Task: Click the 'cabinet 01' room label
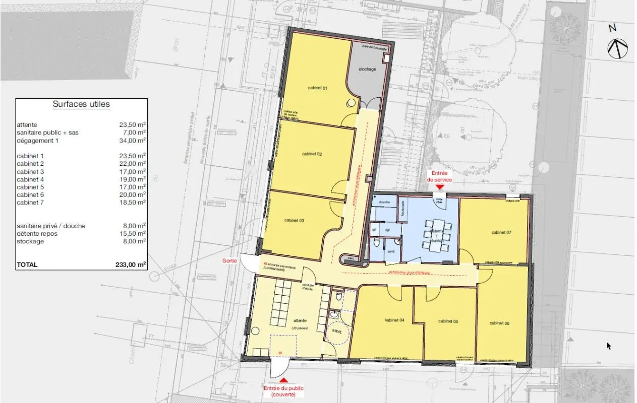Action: pyautogui.click(x=318, y=88)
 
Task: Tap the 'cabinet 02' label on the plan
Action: pyautogui.click(x=312, y=154)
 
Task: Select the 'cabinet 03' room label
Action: pyautogui.click(x=294, y=220)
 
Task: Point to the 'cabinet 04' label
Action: pyautogui.click(x=394, y=320)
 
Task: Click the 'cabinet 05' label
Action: pyautogui.click(x=448, y=321)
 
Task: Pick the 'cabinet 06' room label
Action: pyautogui.click(x=499, y=323)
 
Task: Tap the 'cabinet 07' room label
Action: pyautogui.click(x=501, y=232)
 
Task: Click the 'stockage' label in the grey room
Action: pyautogui.click(x=367, y=69)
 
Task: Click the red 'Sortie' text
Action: pyautogui.click(x=230, y=260)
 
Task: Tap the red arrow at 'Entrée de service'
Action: pyautogui.click(x=439, y=187)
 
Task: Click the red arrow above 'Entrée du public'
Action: pyautogui.click(x=284, y=380)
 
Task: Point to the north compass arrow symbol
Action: pyautogui.click(x=617, y=48)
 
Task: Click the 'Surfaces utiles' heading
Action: pyautogui.click(x=81, y=104)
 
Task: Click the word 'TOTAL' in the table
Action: pyautogui.click(x=27, y=264)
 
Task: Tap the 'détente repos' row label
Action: pyautogui.click(x=37, y=234)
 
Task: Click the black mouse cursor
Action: pyautogui.click(x=609, y=346)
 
